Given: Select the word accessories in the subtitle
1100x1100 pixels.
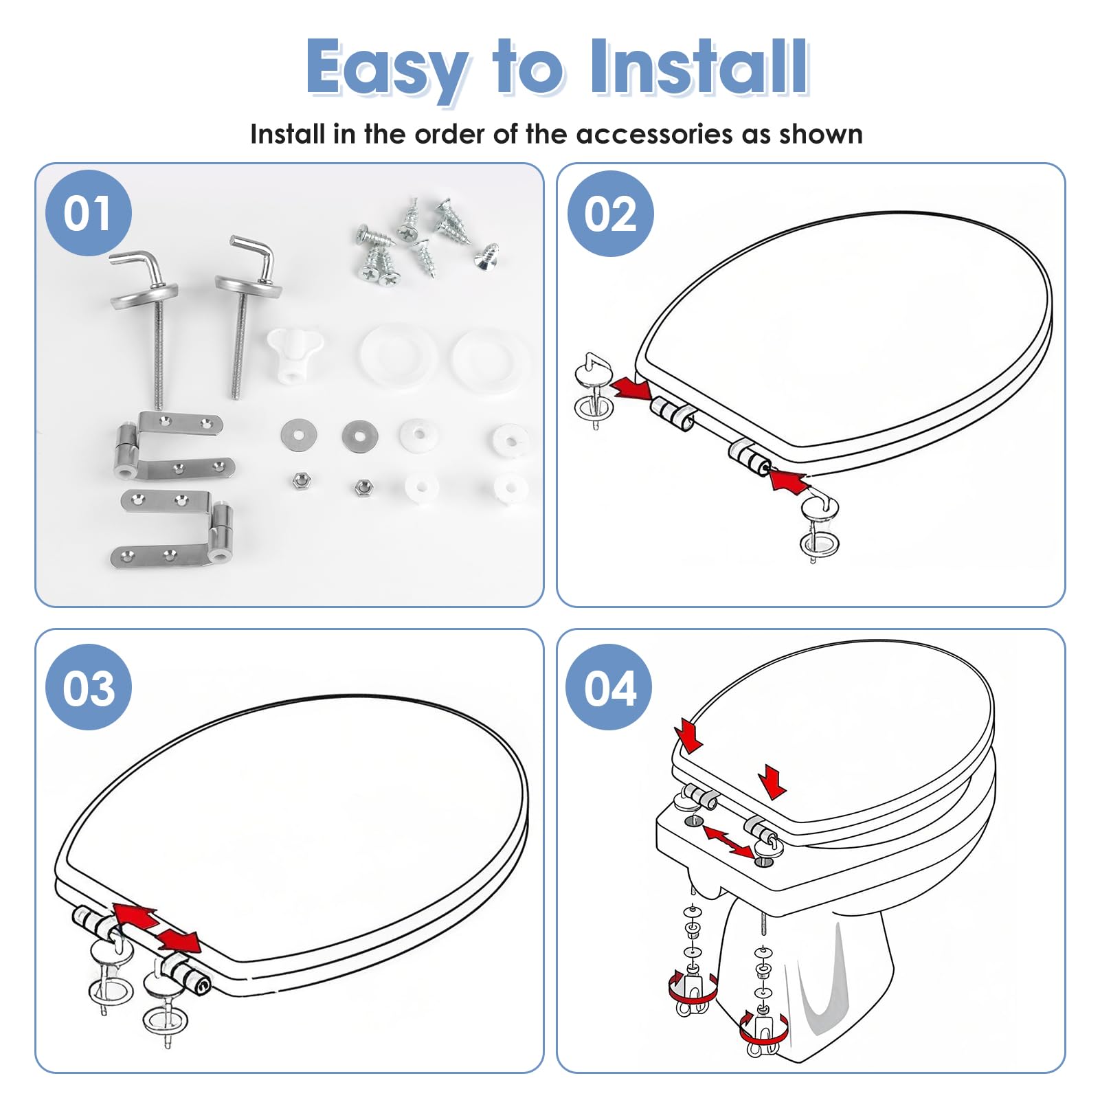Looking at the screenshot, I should click(x=655, y=134).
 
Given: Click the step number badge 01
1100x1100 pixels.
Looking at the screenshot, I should click(x=88, y=213).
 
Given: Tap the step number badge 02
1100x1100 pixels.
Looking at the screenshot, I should click(x=610, y=214).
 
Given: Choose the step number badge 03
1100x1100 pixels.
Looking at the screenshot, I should click(x=88, y=688).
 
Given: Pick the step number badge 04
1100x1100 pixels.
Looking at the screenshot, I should click(x=609, y=688).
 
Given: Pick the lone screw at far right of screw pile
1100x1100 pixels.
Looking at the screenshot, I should click(x=486, y=256).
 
